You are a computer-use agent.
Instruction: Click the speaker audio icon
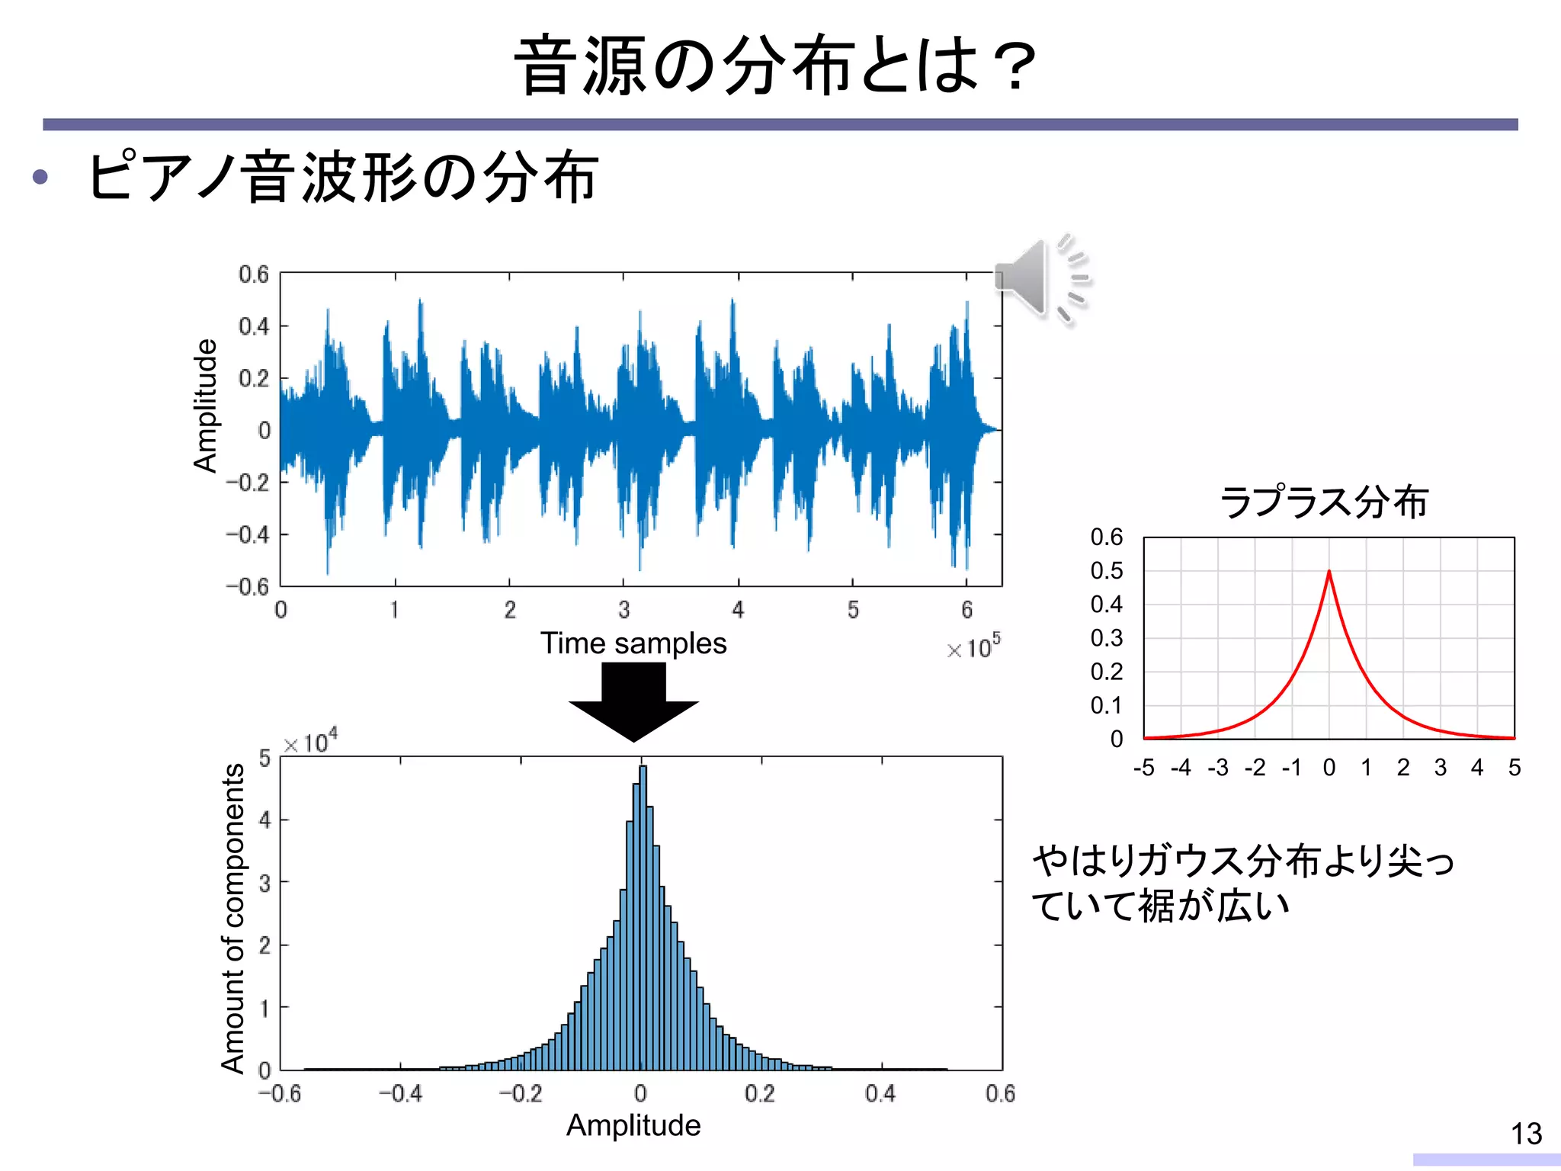[x=1041, y=278]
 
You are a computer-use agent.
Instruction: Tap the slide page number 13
[x=1526, y=1134]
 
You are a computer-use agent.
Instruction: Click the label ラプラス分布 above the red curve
[x=1323, y=502]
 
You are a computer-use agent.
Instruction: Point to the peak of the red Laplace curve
[x=1329, y=572]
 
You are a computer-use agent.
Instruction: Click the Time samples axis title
[x=633, y=643]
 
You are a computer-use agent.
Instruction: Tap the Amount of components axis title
[x=233, y=919]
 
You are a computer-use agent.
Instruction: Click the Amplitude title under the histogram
[x=633, y=1125]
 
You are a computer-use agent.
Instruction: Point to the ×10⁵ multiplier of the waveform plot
[x=973, y=647]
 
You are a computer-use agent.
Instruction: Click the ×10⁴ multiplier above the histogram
[x=310, y=742]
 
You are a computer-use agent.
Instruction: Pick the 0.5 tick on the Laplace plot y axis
[x=1106, y=570]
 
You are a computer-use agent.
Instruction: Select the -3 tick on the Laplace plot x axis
[x=1217, y=768]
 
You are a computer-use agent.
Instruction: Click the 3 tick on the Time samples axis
[x=623, y=610]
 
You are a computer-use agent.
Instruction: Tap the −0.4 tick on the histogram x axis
[x=400, y=1094]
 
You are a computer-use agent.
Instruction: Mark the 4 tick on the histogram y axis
[x=264, y=820]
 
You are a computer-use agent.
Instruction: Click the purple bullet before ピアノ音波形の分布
[x=40, y=178]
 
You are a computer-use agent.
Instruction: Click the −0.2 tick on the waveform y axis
[x=248, y=483]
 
